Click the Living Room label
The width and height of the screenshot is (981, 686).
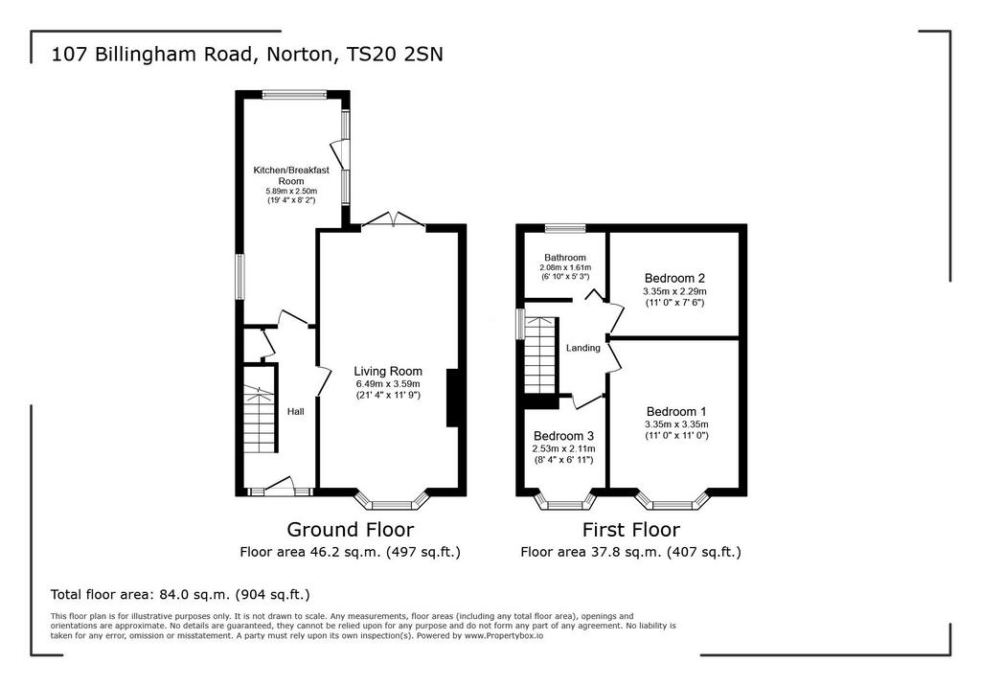[x=388, y=371]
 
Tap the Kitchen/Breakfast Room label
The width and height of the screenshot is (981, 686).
[x=291, y=175]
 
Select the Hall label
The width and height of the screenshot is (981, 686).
[x=296, y=411]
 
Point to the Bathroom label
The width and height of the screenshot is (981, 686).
[x=565, y=257]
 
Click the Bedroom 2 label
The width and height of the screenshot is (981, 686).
[x=675, y=278]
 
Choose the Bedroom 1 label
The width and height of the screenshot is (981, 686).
[x=676, y=411]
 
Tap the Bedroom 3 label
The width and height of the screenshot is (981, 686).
[x=563, y=436]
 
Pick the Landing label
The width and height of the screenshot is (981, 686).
[x=583, y=348]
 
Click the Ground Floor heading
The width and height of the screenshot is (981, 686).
[x=351, y=530]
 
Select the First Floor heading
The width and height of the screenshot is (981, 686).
[x=630, y=530]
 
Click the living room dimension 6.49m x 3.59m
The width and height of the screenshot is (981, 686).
[x=388, y=383]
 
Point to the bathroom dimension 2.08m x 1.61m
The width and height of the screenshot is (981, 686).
[x=565, y=267]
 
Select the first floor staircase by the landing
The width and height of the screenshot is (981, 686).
[x=540, y=354]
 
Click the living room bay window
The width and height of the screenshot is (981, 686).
[x=392, y=501]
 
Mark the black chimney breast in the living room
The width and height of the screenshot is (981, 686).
[x=452, y=398]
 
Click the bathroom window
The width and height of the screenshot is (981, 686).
[x=565, y=228]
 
